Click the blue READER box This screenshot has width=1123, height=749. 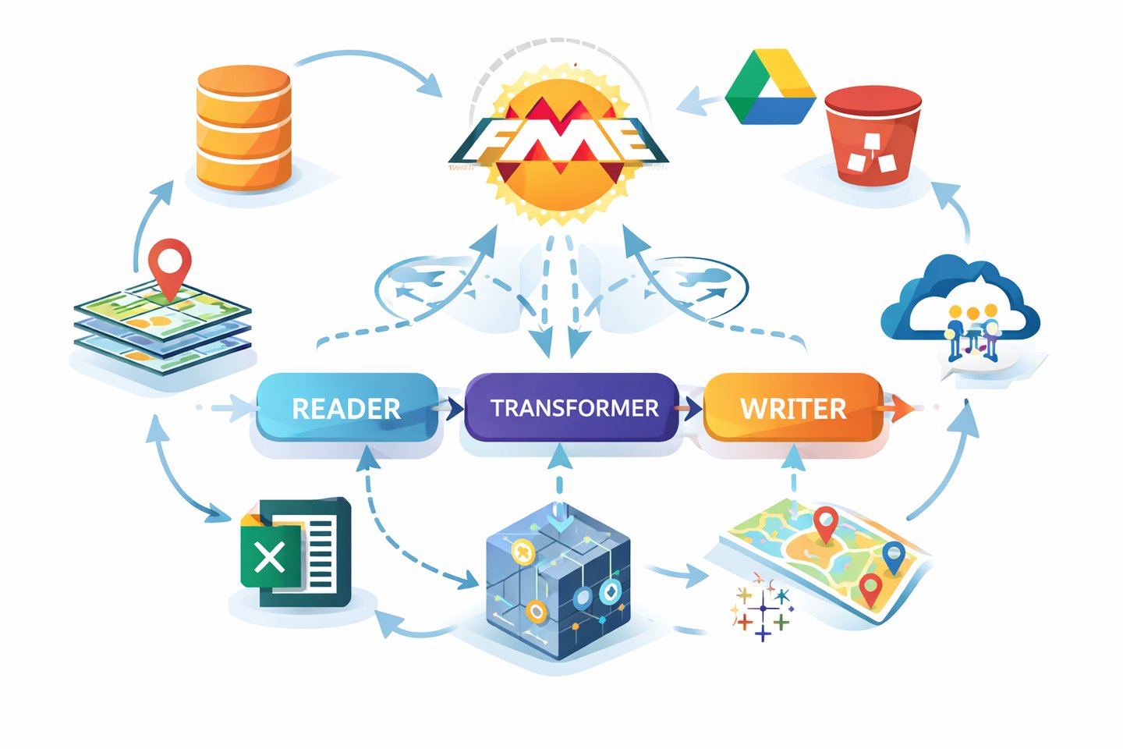pos(347,408)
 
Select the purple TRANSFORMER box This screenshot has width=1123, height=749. pos(573,408)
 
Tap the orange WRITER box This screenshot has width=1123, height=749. pos(793,408)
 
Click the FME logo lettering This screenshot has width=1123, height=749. pos(558,140)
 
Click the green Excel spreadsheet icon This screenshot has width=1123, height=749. pos(296,552)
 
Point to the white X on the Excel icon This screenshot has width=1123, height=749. pos(270,557)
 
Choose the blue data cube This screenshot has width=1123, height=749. pos(558,581)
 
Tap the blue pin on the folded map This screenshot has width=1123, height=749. pos(894,556)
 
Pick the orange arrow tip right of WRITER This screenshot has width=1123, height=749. pos(902,407)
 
